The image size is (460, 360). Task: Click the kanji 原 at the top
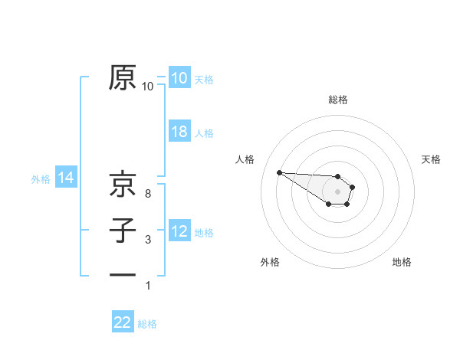coord(123,78)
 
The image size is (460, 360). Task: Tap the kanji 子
coord(123,231)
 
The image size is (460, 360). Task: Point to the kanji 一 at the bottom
coord(123,273)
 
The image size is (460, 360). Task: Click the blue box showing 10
coord(179,78)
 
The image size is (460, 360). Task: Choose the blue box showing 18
coord(179,132)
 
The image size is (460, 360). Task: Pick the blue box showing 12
coord(179,231)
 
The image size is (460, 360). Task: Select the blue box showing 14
coord(66,178)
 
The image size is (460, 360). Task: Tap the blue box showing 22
coord(123,322)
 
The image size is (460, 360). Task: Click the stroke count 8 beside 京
coord(147,194)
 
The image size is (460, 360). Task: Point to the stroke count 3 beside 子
coord(147,240)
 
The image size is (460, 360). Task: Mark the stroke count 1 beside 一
coord(147,286)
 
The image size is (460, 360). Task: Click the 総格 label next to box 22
coord(147,324)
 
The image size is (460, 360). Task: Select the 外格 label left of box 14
coord(41,179)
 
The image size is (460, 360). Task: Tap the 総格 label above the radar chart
coord(338,100)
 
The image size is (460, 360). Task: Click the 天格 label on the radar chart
coord(431,159)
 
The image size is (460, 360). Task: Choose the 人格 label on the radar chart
coord(245,159)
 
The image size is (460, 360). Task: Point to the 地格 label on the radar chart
coord(402,262)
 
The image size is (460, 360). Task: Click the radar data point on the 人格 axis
coord(279,172)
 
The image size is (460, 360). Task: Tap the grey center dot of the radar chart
coord(338,191)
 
